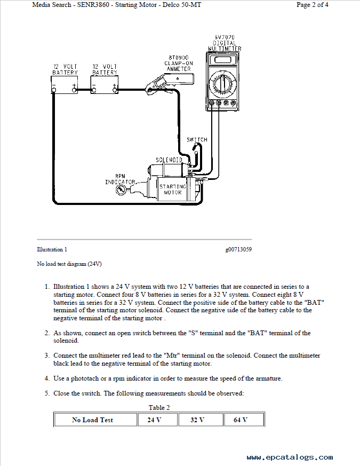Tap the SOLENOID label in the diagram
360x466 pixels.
pos(169,160)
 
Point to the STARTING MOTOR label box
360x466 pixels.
pos(172,189)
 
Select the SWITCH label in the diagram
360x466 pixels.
pos(197,140)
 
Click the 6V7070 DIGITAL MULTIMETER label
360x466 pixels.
pos(224,43)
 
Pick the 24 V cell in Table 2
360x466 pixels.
pos(154,420)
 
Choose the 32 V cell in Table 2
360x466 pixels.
pos(197,420)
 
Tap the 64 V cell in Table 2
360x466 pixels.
pos(241,420)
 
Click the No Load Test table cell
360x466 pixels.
pos(92,420)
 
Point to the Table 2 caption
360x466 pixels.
pos(156,408)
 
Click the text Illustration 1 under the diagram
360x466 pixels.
pos(52,249)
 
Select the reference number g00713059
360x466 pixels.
pos(238,249)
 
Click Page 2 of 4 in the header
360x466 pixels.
pos(312,5)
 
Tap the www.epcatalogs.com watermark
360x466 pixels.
pos(290,457)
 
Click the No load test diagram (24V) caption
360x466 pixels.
pos(69,264)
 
